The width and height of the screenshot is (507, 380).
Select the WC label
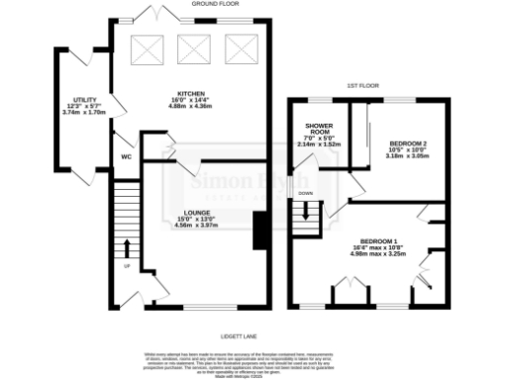tap(127, 156)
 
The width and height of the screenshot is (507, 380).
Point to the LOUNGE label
tap(194, 212)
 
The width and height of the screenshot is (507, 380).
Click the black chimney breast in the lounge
tap(260, 234)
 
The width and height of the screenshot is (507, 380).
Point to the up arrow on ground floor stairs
tap(127, 247)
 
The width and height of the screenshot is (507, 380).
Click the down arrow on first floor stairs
tap(306, 210)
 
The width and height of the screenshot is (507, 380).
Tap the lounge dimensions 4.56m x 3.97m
tap(194, 225)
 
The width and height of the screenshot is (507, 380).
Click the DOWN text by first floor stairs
tap(306, 193)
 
